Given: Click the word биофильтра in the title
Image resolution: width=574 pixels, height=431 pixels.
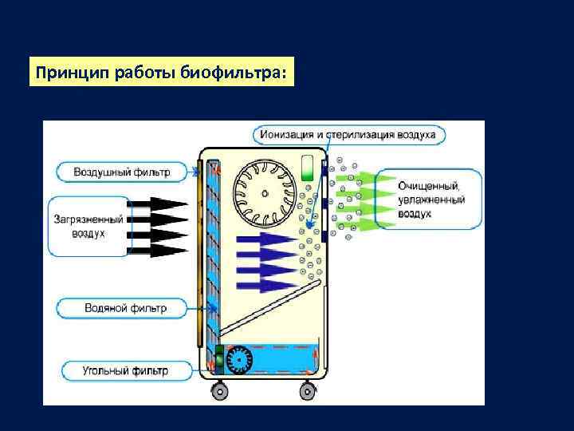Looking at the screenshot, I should (231, 72).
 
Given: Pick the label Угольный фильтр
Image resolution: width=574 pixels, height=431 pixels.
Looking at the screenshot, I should (125, 371).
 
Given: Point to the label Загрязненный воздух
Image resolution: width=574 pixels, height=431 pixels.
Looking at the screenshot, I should (88, 226).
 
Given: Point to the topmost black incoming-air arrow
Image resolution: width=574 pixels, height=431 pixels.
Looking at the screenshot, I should (163, 204).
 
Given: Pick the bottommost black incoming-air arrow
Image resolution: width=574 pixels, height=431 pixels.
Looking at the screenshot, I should (163, 251).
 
